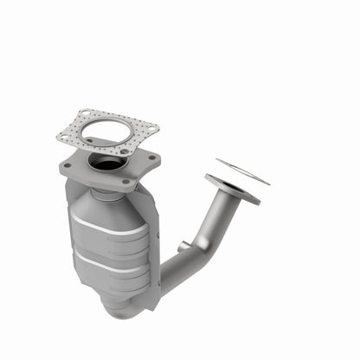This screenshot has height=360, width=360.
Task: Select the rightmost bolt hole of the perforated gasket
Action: click(x=152, y=129)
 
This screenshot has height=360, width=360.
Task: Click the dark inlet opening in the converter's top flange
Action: click(x=109, y=162)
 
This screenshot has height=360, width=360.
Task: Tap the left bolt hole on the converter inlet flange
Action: click(x=67, y=164)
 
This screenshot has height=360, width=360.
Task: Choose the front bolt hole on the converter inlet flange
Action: click(x=126, y=181)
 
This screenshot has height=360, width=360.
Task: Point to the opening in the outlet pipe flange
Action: click(x=231, y=189)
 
